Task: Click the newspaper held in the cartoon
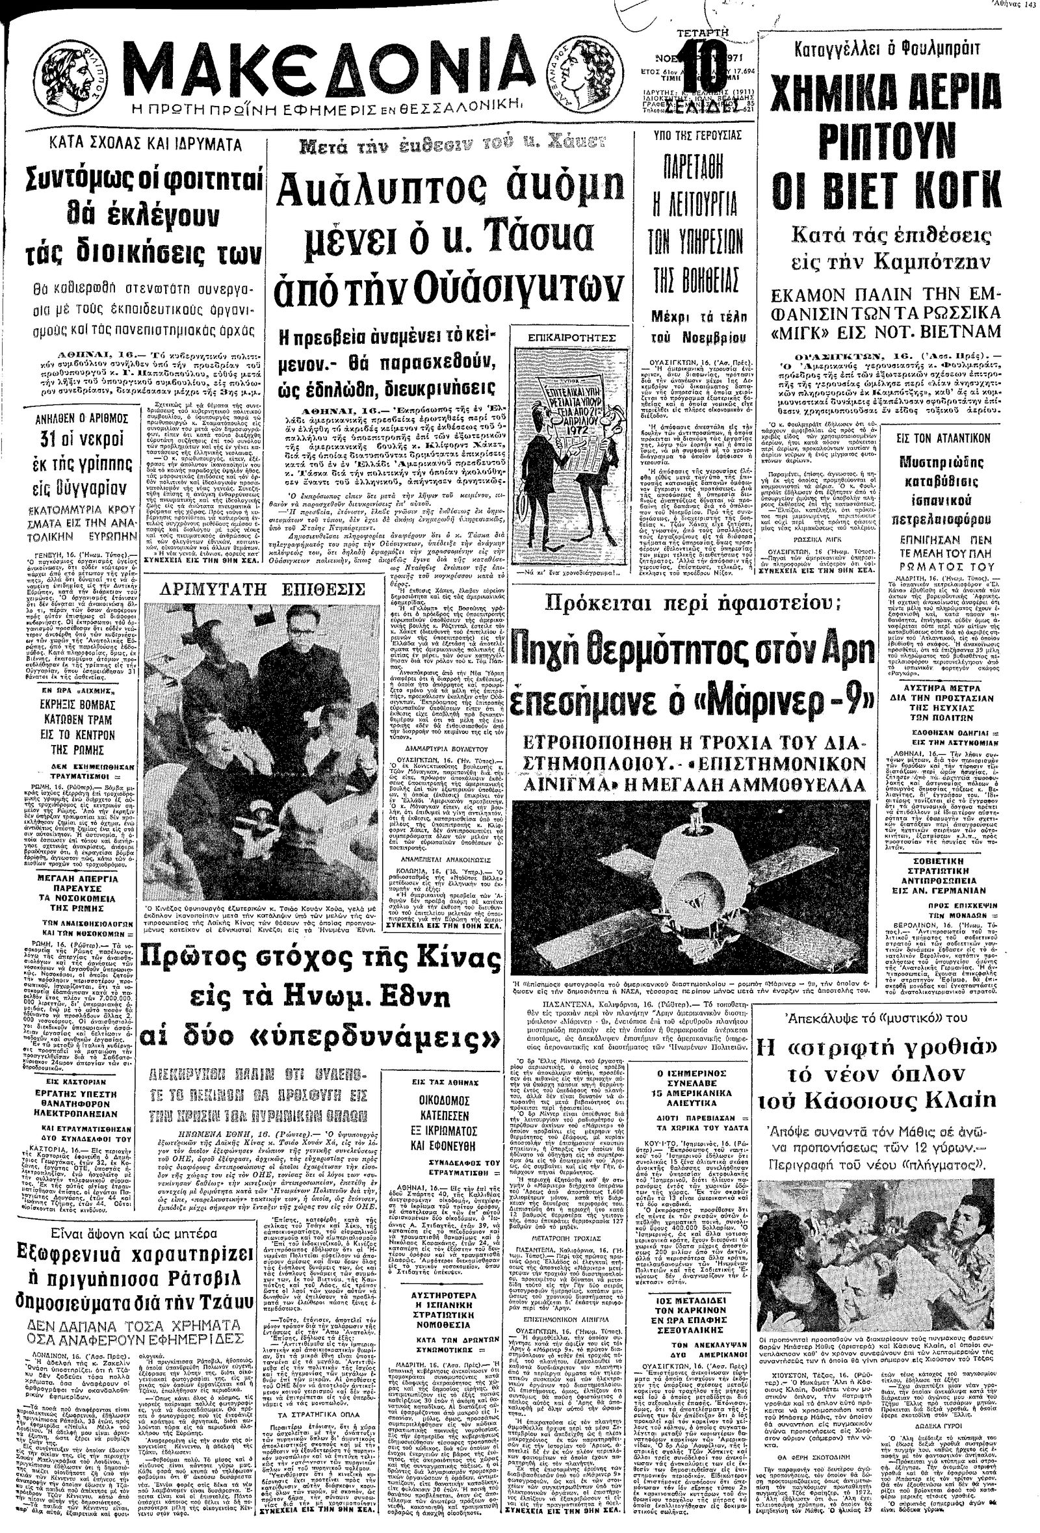[559, 408]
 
